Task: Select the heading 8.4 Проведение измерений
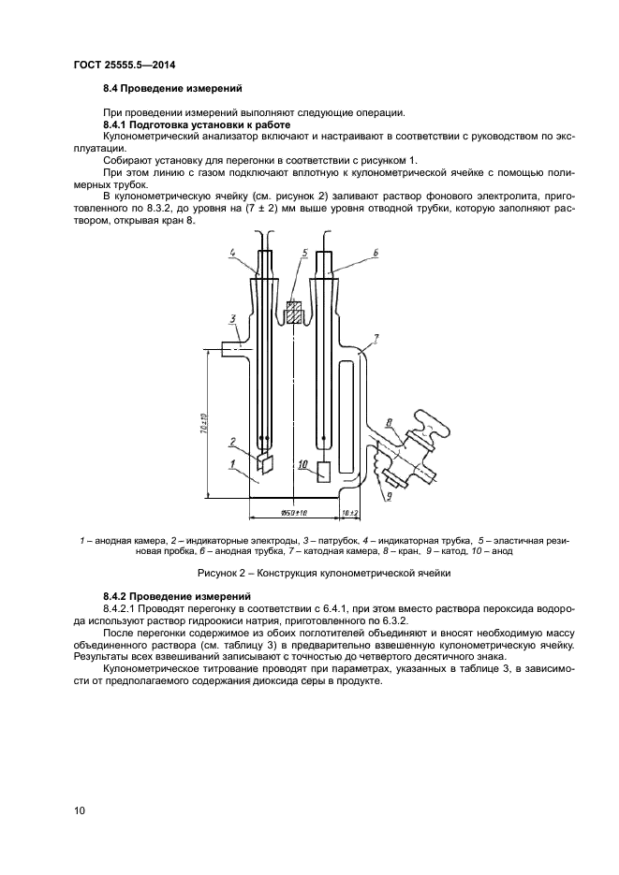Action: [172, 89]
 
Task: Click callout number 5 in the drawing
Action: [305, 253]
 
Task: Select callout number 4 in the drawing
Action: [230, 253]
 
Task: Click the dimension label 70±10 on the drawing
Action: [205, 422]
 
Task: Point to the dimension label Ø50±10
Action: [296, 512]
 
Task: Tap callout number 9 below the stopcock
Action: [386, 496]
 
